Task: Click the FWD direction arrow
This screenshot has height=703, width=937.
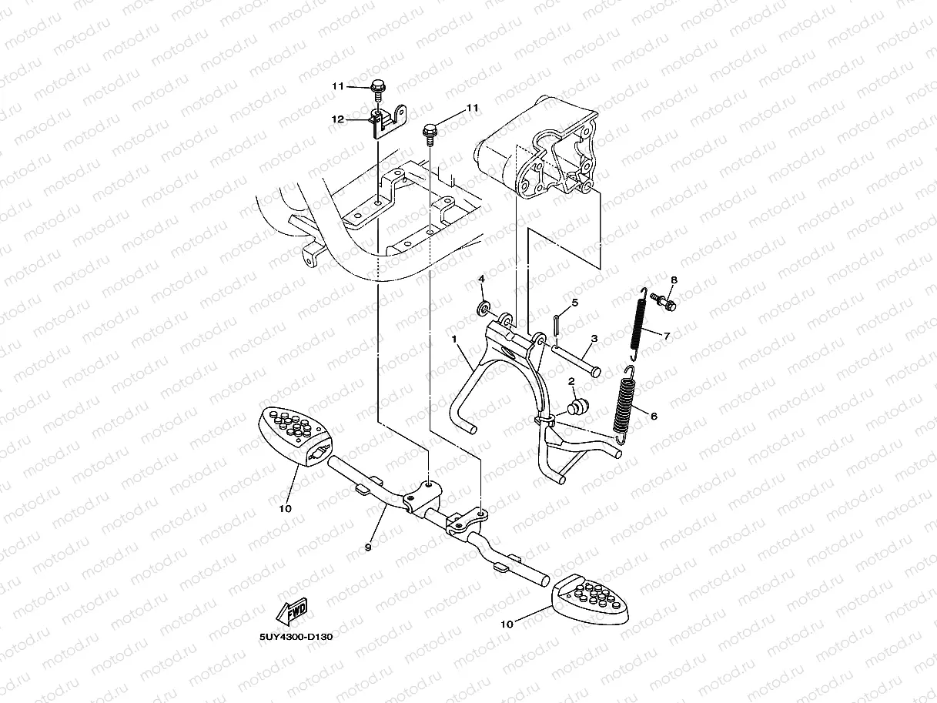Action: pos(289,612)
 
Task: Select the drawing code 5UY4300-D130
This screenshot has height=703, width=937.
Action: pos(296,637)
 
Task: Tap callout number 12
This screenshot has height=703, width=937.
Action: pos(337,119)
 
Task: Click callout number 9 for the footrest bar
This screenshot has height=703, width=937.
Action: pos(368,547)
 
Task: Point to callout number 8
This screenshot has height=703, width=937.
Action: pos(674,280)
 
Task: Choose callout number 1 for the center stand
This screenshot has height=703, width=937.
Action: pos(455,339)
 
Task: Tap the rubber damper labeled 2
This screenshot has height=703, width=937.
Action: pos(577,406)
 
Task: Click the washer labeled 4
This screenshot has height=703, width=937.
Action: pos(484,309)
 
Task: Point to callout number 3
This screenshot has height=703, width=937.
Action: pos(594,339)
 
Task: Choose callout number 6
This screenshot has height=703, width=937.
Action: pos(654,416)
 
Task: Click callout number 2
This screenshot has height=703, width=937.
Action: pos(571,382)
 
